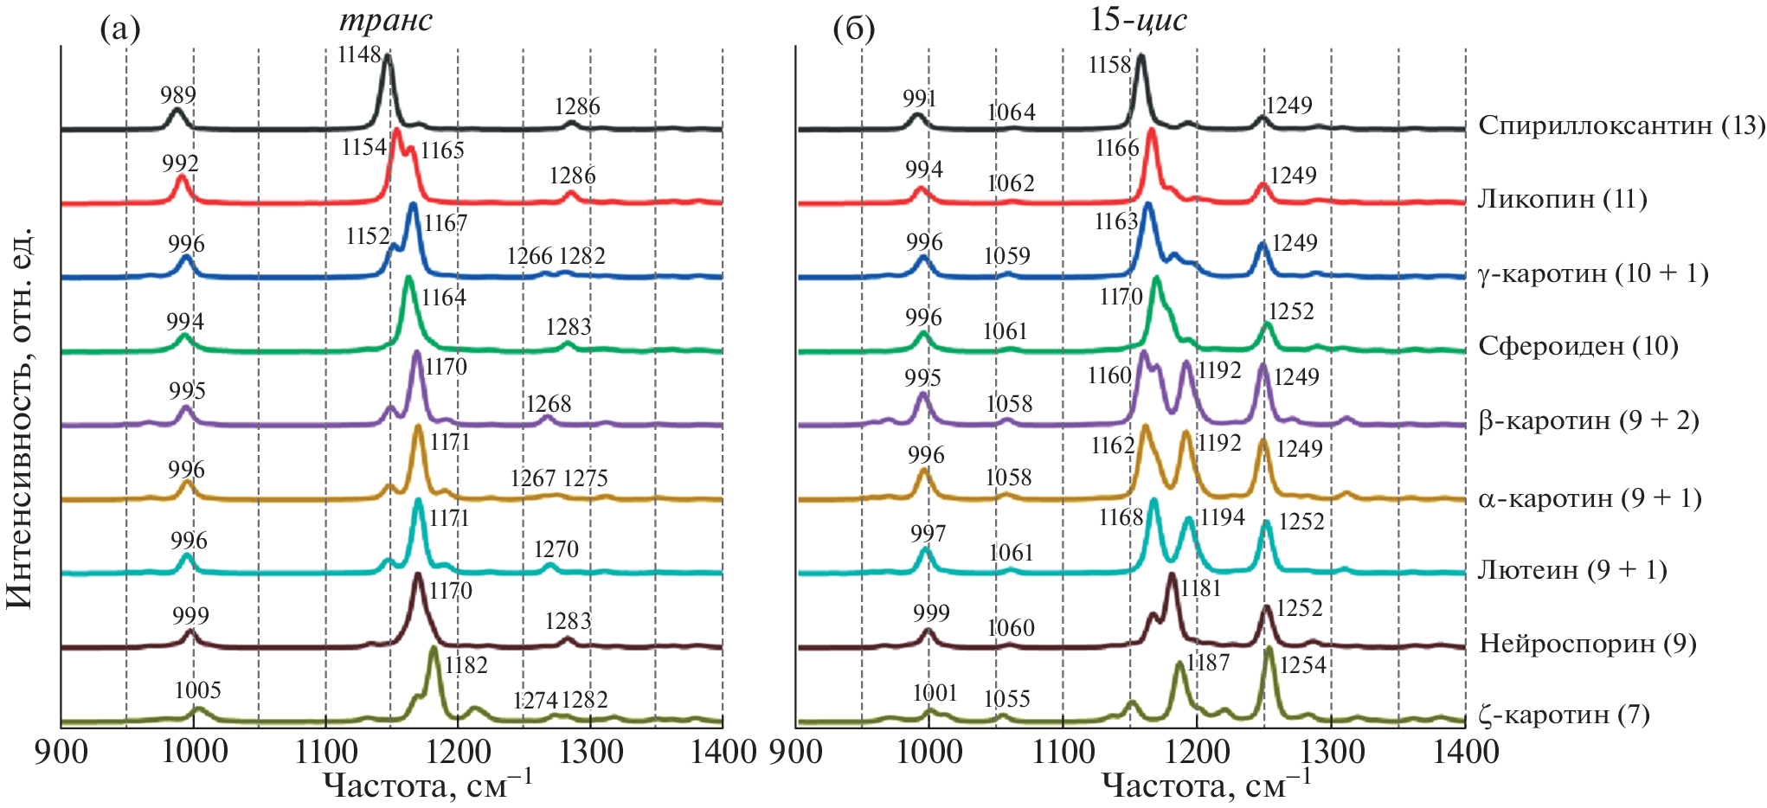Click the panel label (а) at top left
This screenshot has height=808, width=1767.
[x=120, y=29]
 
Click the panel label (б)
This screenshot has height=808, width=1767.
[x=853, y=29]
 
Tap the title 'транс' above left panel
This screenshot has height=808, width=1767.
[x=386, y=20]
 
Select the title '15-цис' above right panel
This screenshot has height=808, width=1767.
[x=1138, y=19]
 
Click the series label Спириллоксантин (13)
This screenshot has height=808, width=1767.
[x=1621, y=125]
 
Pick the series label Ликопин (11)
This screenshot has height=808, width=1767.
[x=1562, y=199]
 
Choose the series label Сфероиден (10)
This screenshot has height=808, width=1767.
[x=1577, y=346]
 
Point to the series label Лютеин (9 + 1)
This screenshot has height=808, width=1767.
[x=1571, y=570]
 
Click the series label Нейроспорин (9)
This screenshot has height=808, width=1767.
[x=1587, y=644]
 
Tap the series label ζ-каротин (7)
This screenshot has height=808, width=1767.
[x=1564, y=715]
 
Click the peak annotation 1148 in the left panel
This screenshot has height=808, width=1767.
[x=359, y=55]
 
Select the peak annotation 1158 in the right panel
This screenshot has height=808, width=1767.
[x=1110, y=65]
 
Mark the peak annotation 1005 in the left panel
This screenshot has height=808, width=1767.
[x=197, y=690]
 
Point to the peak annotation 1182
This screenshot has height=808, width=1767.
[x=466, y=665]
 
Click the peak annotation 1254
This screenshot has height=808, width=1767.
[x=1303, y=664]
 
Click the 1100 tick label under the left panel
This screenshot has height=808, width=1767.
[x=324, y=752]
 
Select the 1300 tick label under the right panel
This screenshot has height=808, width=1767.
[x=1331, y=752]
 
